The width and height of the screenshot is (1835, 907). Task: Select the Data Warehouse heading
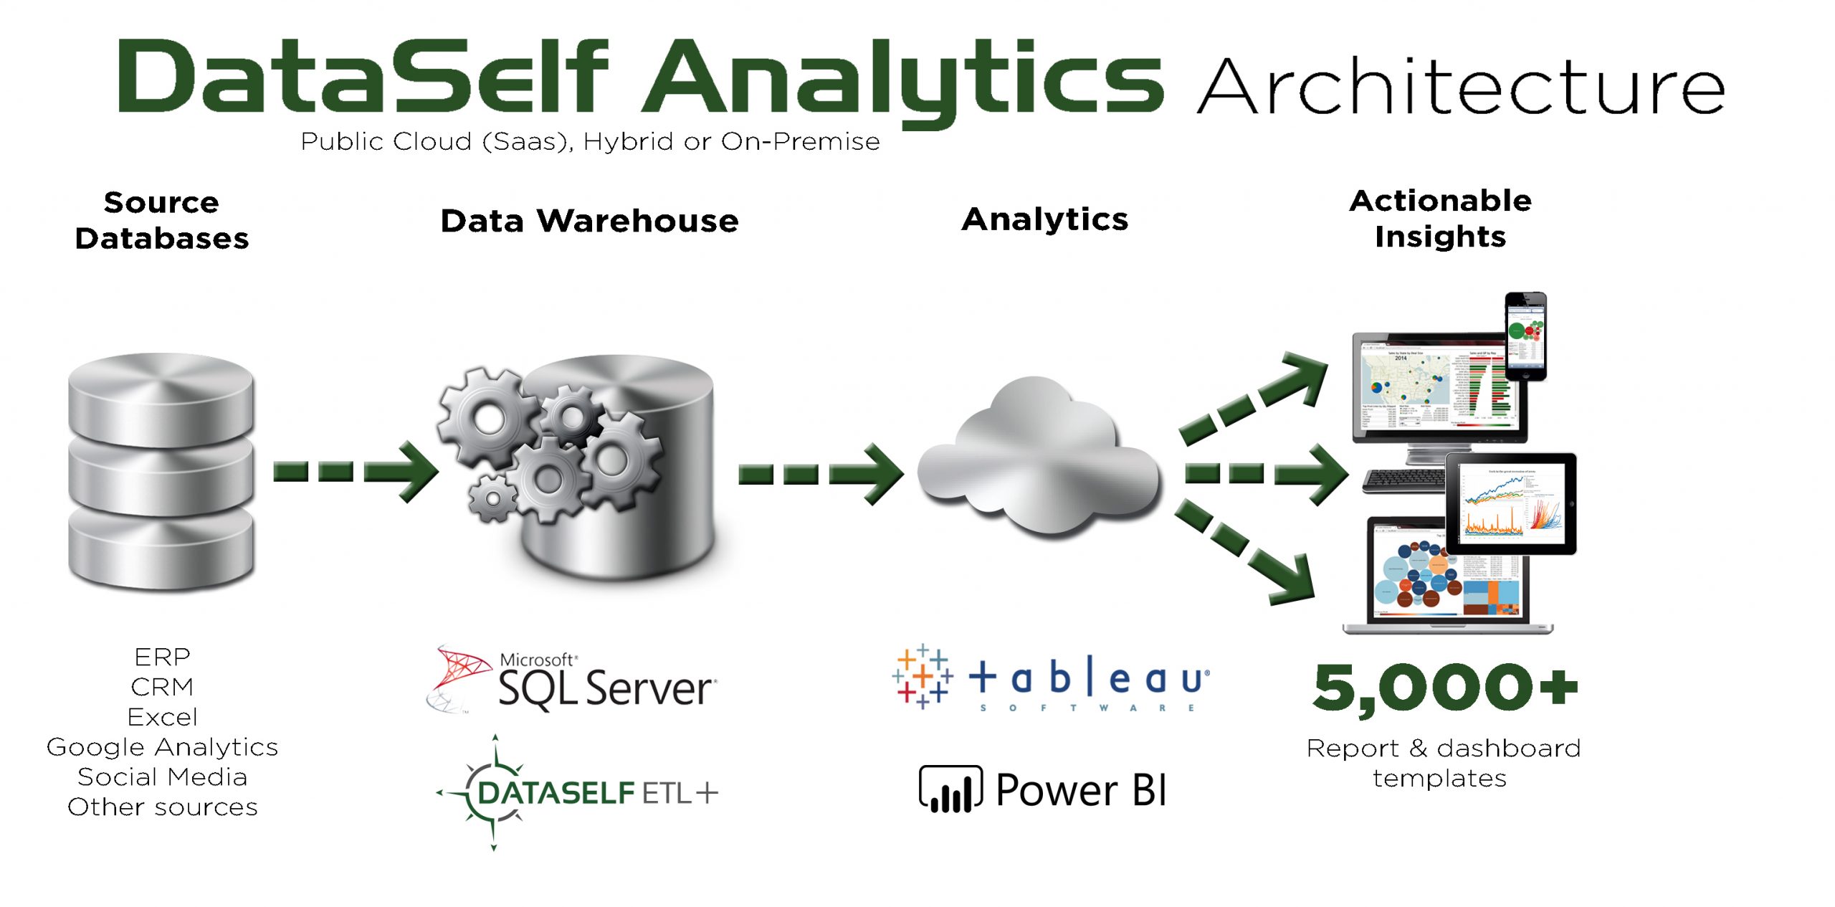pyautogui.click(x=589, y=221)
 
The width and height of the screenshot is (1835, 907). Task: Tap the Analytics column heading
pyautogui.click(x=1044, y=219)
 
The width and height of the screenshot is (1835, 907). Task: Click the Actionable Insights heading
pyautogui.click(x=1440, y=219)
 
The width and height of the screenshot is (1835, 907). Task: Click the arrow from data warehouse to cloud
pyautogui.click(x=821, y=473)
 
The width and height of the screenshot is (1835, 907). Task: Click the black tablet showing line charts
pyautogui.click(x=1511, y=503)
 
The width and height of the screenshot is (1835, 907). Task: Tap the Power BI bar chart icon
pyautogui.click(x=950, y=790)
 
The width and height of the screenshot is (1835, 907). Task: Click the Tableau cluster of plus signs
pyautogui.click(x=923, y=676)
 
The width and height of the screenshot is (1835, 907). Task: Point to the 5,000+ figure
pyautogui.click(x=1444, y=688)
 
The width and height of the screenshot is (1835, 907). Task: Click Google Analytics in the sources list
pyautogui.click(x=162, y=747)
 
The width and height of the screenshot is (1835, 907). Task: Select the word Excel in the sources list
pyautogui.click(x=162, y=717)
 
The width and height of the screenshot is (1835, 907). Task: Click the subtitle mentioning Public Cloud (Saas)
pyautogui.click(x=590, y=142)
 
